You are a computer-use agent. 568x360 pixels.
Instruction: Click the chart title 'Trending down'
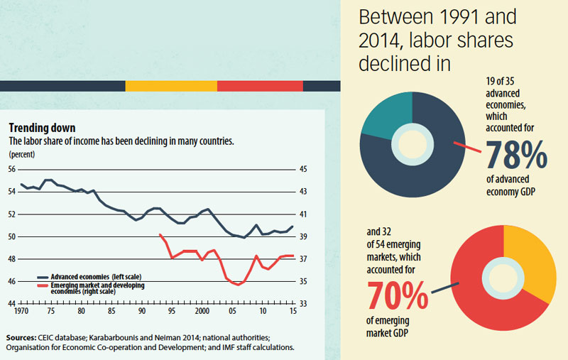pos(42,129)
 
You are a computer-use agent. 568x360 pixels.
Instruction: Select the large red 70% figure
pos(398,297)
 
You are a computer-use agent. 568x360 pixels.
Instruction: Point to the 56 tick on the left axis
pos(12,169)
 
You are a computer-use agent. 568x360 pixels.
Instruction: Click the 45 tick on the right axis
pos(303,169)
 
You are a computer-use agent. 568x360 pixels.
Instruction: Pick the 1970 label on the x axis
pos(21,312)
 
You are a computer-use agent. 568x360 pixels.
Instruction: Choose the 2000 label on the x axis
pos(202,312)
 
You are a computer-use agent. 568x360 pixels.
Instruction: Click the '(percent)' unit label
pos(21,153)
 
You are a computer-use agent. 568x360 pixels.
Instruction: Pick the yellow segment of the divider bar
pos(170,86)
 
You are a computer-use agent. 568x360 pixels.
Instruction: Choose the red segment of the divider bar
pos(260,86)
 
